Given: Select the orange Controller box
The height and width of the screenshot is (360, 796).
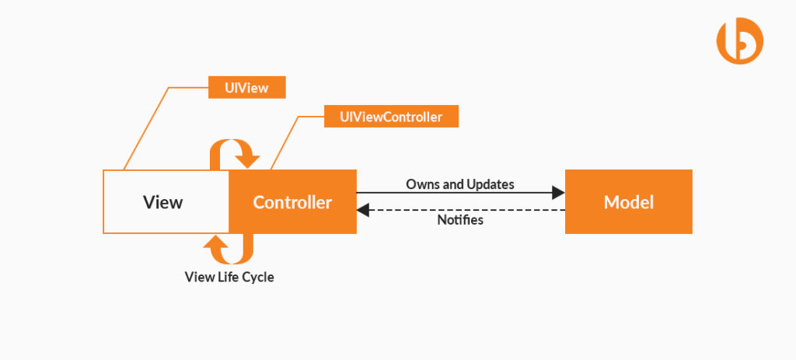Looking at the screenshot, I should click(x=292, y=202).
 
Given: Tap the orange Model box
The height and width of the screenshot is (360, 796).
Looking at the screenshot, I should click(x=628, y=202).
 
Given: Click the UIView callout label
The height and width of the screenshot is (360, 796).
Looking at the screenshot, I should click(x=247, y=88).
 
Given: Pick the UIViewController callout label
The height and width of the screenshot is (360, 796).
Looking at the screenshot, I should click(x=391, y=117).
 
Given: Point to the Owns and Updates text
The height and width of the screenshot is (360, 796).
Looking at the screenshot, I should click(x=460, y=184).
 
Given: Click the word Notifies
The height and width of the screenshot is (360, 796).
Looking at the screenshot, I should click(x=460, y=220).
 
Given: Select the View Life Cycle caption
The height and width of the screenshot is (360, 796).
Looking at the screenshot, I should click(x=229, y=277).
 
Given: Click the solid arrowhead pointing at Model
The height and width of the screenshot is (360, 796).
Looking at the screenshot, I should click(x=558, y=192).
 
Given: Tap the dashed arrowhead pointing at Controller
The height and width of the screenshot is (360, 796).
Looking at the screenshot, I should click(x=363, y=210).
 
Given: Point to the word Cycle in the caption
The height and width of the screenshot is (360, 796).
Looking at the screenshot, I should click(x=257, y=277).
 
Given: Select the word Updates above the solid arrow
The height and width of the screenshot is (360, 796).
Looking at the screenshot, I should click(x=491, y=184).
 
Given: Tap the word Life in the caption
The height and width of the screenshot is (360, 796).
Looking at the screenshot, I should click(x=226, y=277).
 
